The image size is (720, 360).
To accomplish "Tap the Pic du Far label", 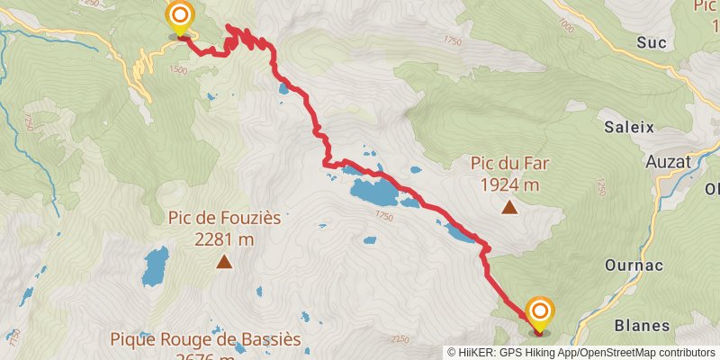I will pos(509,164).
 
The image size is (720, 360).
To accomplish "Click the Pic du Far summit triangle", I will pos(509,208).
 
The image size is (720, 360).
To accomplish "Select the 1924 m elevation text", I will pos(509,185).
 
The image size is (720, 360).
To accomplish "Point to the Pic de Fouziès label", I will pos(224,218).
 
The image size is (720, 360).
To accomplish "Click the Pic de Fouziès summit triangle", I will pos(223,262).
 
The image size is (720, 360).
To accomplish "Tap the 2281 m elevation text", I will pos(224,239).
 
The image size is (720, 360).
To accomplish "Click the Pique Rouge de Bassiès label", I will pos(205,340).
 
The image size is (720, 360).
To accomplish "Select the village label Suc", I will pos(651,41).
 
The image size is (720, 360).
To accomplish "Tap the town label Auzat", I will pos(668,161).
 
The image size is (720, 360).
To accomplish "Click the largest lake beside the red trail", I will pos(373,191).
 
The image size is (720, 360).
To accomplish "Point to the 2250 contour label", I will pos(400,339).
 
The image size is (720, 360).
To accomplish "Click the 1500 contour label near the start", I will pos(178,69).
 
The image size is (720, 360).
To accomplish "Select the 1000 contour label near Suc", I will pos(565,27).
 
